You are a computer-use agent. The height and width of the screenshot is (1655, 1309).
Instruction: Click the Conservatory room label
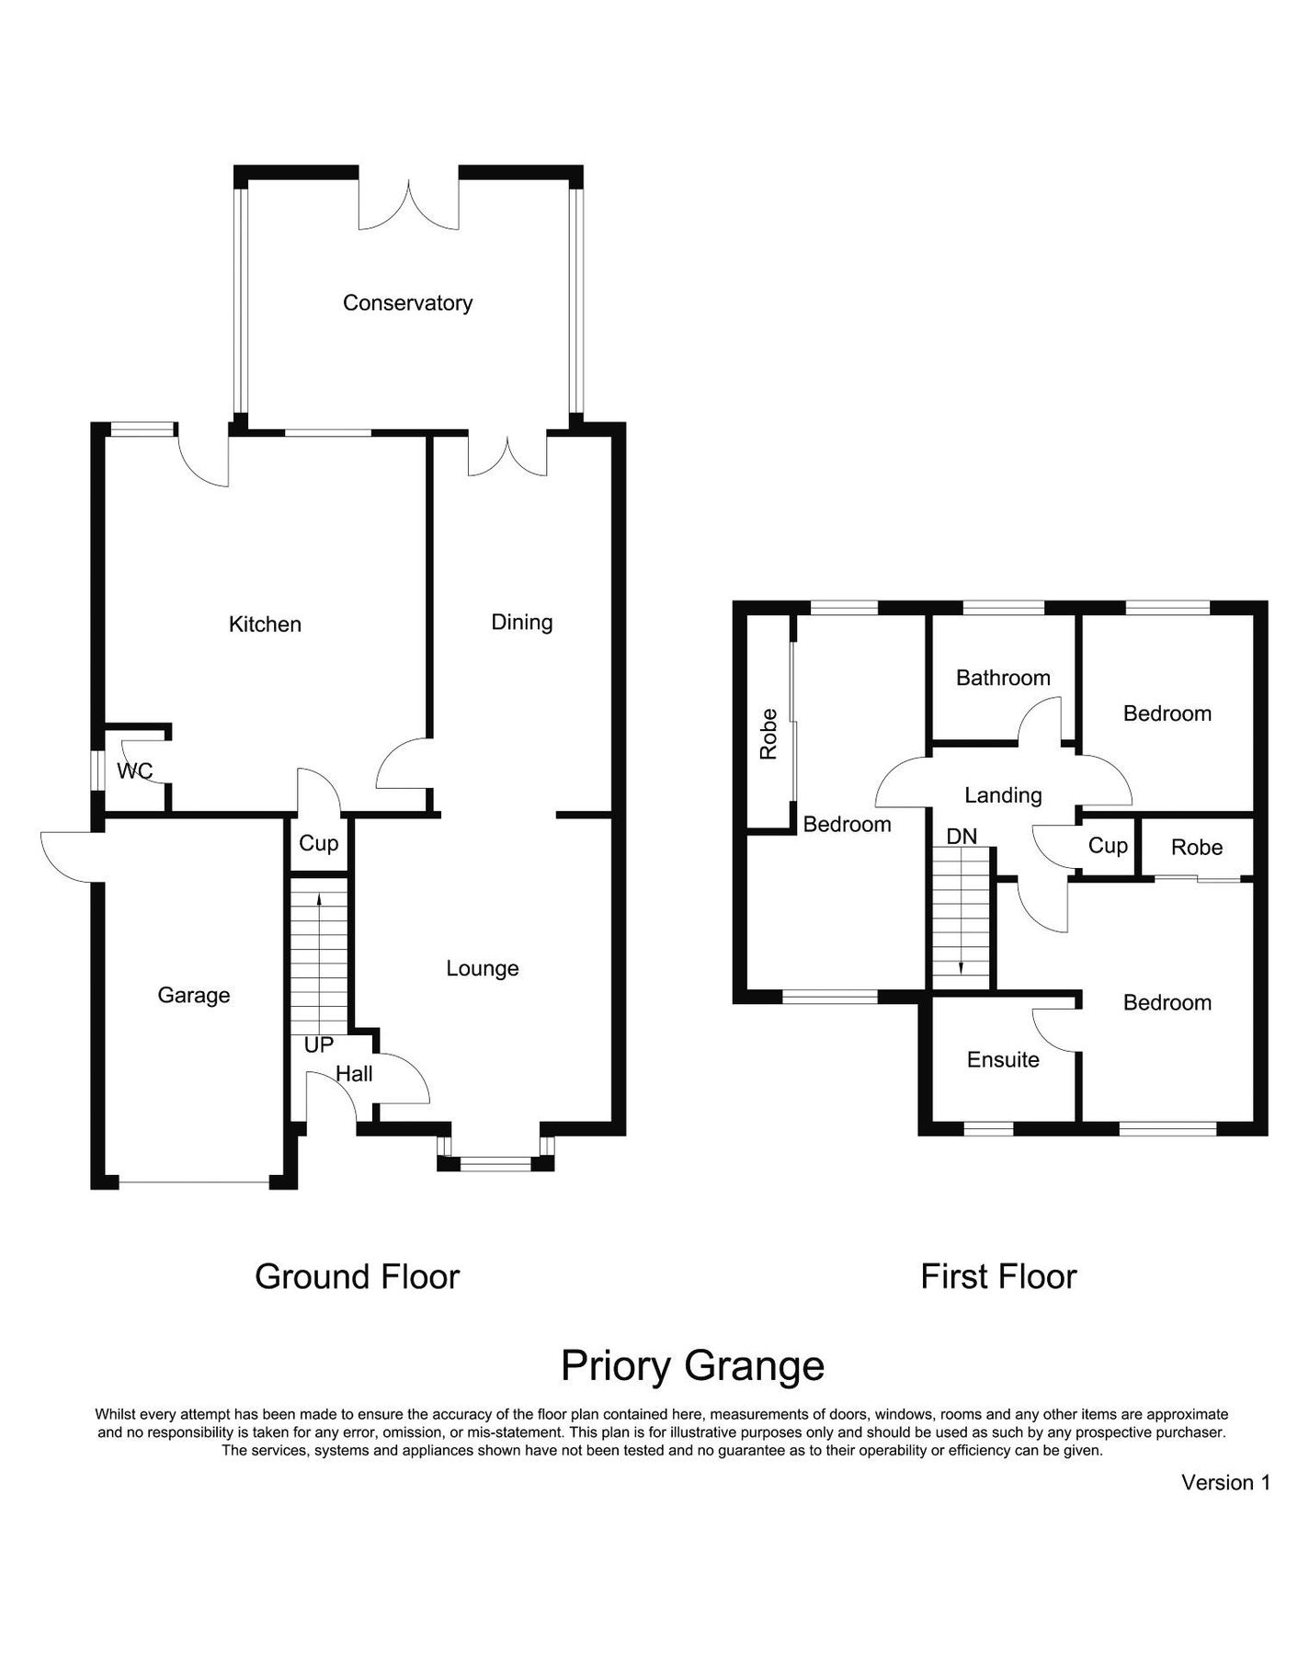[407, 303]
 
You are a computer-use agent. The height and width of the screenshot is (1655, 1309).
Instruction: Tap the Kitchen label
[265, 624]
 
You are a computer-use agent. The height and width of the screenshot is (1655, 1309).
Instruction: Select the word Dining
[522, 622]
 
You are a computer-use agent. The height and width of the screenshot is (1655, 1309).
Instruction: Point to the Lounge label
[483, 968]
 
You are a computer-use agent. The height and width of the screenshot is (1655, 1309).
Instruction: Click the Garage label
[194, 995]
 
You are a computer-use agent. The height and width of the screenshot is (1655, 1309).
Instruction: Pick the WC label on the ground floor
[134, 770]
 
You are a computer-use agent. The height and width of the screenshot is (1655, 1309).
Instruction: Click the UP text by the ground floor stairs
[319, 1045]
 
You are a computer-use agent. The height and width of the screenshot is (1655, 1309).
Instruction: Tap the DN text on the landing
[962, 837]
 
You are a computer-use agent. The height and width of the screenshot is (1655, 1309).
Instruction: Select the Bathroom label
[1003, 679]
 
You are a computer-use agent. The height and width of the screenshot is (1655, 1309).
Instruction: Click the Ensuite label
[1003, 1060]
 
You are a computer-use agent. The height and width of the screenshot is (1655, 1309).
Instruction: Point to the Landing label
[1003, 795]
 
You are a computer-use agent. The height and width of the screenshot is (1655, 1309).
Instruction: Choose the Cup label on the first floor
[1108, 846]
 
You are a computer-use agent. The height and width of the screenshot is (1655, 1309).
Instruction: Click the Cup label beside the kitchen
[319, 843]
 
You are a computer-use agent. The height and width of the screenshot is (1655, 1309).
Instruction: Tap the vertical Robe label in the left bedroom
[769, 734]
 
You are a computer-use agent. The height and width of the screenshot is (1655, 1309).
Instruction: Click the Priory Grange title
[692, 1366]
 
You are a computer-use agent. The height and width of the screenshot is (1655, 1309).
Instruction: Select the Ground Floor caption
[357, 1277]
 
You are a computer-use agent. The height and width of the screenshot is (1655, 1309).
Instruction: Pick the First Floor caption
[998, 1277]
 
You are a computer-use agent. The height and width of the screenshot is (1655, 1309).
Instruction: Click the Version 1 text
[1225, 1483]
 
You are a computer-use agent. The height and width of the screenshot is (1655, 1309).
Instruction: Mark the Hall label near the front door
[354, 1074]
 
